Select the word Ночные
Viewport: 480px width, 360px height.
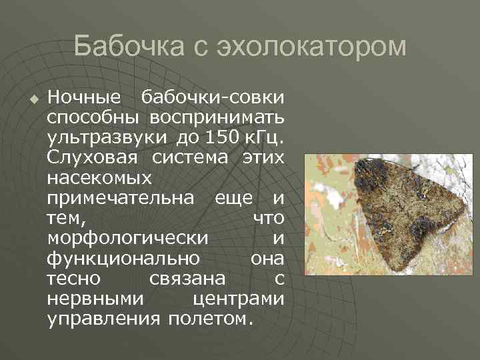tap(84, 98)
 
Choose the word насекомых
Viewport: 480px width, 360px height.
tap(99, 178)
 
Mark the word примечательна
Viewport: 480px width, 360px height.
tap(121, 198)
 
